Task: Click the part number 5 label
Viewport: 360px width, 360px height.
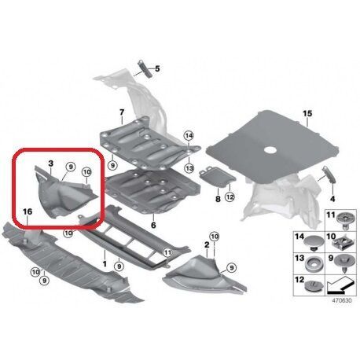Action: click(157, 68)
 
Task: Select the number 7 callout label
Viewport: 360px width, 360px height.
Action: click(122, 112)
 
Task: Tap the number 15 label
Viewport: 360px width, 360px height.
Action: click(307, 114)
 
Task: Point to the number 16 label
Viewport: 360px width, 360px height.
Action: click(28, 211)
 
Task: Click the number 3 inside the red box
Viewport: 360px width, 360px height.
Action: click(51, 163)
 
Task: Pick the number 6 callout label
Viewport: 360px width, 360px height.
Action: click(153, 225)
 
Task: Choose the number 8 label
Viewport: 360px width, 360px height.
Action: click(218, 199)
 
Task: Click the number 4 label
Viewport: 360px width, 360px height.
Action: click(332, 199)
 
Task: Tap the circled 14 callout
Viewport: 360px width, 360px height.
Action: click(189, 136)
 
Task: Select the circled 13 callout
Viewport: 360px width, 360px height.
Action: click(189, 168)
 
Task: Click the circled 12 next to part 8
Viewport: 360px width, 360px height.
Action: click(230, 197)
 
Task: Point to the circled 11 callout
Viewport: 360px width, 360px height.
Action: click(167, 253)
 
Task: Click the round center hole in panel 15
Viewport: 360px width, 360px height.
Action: click(270, 150)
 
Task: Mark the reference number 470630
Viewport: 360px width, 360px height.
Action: click(342, 300)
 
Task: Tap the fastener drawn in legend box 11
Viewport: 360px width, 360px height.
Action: click(345, 219)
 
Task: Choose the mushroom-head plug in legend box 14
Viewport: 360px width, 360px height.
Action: click(314, 241)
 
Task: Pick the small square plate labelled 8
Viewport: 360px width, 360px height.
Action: click(217, 178)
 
